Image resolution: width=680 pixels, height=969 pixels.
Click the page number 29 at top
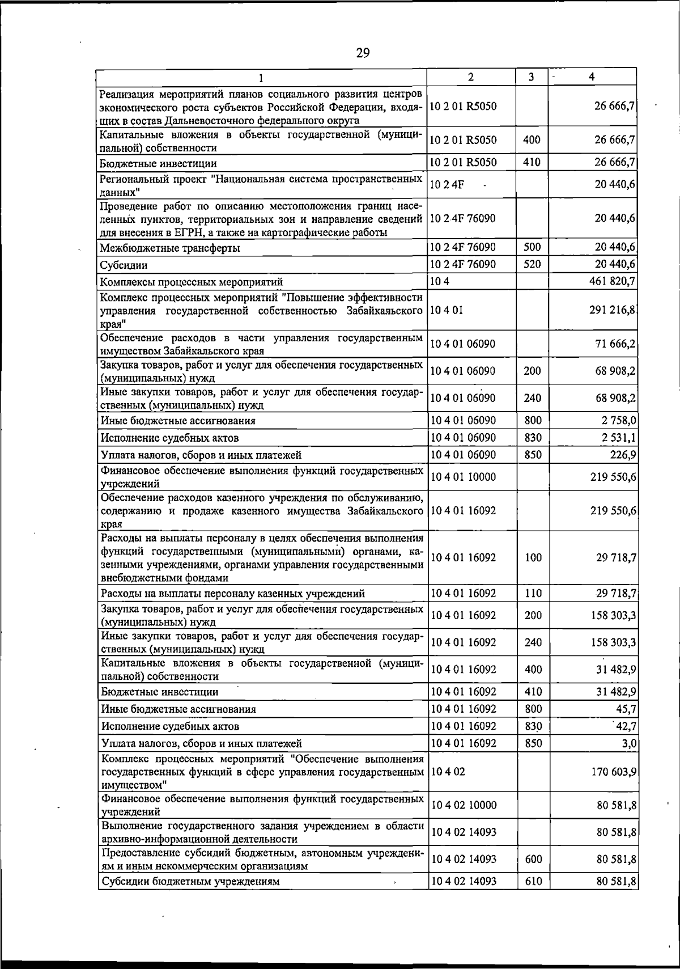363,53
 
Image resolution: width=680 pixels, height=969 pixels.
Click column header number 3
531,77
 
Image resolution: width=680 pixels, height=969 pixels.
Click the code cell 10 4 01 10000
463,477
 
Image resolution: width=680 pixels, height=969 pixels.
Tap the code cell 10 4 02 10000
463,805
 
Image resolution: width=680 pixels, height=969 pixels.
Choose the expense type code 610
533,881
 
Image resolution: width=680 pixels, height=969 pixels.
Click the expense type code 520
533,264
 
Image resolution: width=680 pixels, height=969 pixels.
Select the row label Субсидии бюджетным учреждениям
190,882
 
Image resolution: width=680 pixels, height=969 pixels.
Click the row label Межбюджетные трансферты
169,248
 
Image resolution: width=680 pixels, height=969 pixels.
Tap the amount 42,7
625,726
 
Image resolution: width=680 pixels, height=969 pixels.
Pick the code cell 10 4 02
448,772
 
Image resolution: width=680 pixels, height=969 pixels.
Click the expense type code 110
533,594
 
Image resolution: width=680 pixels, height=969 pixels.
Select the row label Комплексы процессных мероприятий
191,282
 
